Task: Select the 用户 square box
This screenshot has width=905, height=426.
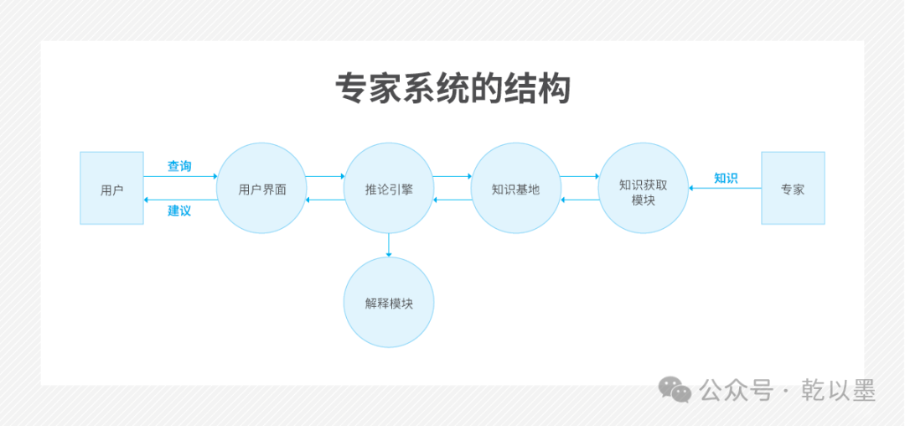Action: (x=111, y=189)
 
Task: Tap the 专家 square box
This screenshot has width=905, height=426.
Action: (x=793, y=189)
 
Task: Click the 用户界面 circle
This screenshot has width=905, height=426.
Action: (x=261, y=189)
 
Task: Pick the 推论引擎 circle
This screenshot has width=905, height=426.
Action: (x=389, y=189)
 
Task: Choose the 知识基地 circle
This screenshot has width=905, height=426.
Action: (x=516, y=189)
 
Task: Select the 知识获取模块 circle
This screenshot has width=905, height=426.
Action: (x=644, y=189)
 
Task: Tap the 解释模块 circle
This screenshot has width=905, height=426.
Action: (x=389, y=303)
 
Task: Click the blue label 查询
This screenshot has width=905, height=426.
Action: (x=179, y=166)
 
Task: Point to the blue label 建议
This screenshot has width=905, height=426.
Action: (x=179, y=210)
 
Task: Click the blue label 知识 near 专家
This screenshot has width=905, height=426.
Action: (x=726, y=178)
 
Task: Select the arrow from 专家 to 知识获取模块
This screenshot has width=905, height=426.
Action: (x=725, y=189)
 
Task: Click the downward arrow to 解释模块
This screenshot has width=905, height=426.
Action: (x=389, y=245)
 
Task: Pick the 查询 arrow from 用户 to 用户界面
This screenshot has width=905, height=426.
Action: (x=179, y=177)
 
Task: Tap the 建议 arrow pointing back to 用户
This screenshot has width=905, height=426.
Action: (x=179, y=200)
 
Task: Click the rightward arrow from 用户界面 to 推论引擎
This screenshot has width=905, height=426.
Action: (x=325, y=177)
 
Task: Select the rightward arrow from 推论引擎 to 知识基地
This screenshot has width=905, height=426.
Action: (x=452, y=177)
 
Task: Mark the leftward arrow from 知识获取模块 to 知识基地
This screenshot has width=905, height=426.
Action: (x=580, y=200)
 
